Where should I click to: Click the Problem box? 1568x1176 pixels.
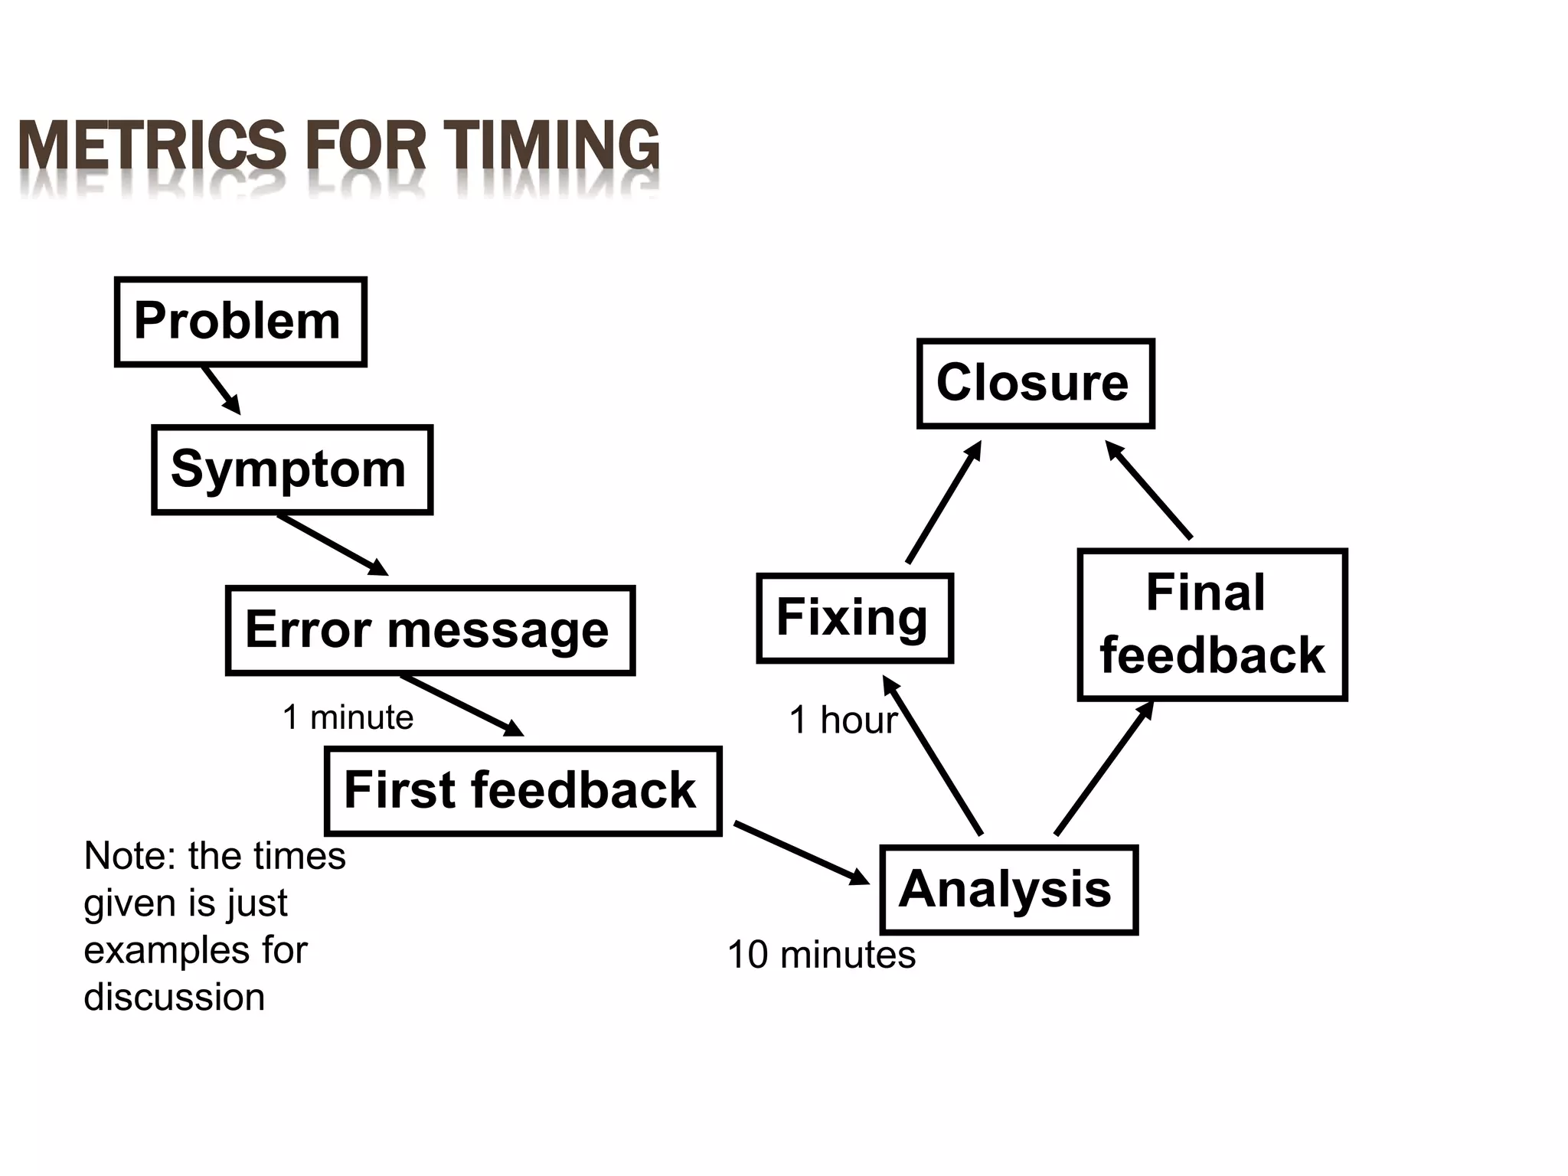(240, 322)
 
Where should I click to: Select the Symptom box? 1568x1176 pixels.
(292, 469)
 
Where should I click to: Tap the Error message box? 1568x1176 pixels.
(430, 630)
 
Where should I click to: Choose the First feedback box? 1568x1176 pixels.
(523, 790)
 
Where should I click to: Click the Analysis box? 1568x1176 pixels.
(1008, 889)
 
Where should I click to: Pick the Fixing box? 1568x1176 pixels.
(854, 617)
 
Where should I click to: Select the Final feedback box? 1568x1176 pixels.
(1211, 624)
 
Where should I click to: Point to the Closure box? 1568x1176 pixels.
(1035, 383)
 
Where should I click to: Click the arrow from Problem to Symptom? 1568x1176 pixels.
(221, 390)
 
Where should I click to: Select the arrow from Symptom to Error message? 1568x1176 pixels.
(332, 545)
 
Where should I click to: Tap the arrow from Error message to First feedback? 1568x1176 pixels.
(462, 705)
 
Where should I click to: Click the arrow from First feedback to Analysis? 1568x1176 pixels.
(802, 853)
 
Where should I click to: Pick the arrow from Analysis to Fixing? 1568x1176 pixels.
(933, 756)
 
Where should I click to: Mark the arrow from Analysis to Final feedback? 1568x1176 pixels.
(1104, 768)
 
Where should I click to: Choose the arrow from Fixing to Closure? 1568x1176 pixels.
(943, 502)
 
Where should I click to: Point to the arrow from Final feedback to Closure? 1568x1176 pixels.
(1148, 490)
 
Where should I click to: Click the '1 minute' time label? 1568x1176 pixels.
(348, 718)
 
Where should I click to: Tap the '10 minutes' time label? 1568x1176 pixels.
(821, 955)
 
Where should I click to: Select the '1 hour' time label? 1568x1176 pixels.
(842, 720)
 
